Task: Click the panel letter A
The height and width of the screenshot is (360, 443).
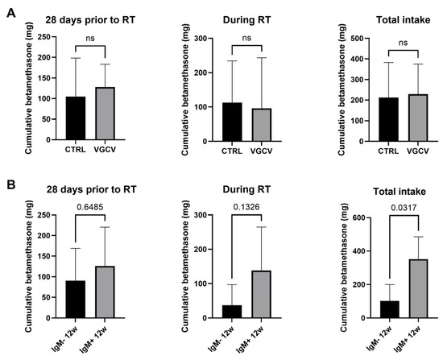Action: (11, 13)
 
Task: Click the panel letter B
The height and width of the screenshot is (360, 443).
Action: (11, 185)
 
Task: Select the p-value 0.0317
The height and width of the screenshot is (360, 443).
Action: (404, 208)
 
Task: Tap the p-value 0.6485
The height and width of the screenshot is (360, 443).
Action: (90, 207)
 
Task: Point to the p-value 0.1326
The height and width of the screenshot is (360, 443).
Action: (246, 207)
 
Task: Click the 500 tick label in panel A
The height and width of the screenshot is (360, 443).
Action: (357, 39)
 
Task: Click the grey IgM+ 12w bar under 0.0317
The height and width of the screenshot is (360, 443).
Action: (418, 288)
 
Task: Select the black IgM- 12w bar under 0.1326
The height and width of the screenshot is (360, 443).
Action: (232, 312)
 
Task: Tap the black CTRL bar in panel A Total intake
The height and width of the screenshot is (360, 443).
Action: (389, 119)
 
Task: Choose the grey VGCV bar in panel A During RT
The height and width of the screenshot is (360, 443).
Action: (262, 125)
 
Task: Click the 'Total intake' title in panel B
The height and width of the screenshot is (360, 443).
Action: (400, 192)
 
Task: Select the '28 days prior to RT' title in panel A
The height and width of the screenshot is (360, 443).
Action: (90, 20)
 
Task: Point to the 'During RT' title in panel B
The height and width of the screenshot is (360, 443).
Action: (246, 189)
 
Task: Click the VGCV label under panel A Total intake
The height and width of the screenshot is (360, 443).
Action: (418, 151)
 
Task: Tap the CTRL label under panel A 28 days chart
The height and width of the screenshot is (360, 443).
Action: (76, 150)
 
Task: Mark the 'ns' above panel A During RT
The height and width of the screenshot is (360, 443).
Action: (246, 38)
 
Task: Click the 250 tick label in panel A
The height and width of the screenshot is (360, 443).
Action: (45, 37)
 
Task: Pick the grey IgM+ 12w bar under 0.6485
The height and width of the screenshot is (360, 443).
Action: (105, 292)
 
